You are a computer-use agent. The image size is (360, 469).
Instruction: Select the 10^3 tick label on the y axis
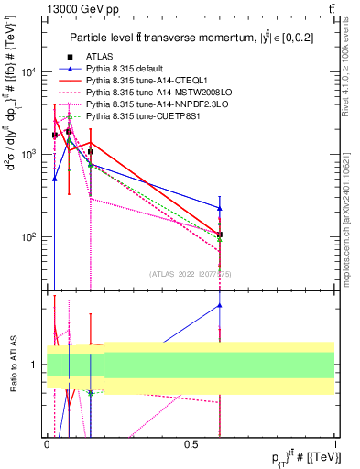coord(30,154)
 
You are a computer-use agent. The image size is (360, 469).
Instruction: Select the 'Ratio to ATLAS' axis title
coord(13,365)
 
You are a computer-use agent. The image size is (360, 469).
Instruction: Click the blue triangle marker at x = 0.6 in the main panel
coord(220,208)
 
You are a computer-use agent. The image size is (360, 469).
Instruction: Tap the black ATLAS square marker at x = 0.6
coord(220,234)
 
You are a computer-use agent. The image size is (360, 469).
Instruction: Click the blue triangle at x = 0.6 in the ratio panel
coord(220,305)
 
